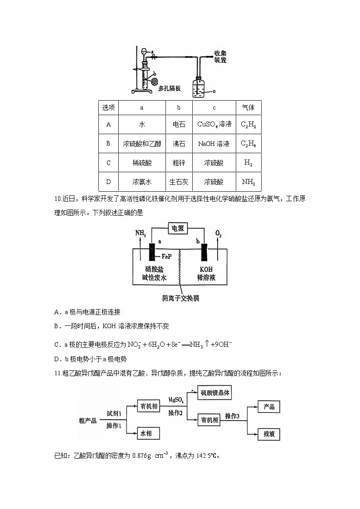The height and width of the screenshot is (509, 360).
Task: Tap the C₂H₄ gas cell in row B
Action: pyautogui.click(x=248, y=144)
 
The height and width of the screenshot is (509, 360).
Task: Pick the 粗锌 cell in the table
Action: pyautogui.click(x=179, y=163)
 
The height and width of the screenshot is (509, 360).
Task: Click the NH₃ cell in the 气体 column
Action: pyautogui.click(x=248, y=182)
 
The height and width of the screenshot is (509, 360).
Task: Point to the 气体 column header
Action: pyautogui.click(x=248, y=108)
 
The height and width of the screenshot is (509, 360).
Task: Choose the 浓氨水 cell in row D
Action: pyautogui.click(x=141, y=182)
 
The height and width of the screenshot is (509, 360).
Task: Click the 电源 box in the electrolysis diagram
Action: pyautogui.click(x=177, y=228)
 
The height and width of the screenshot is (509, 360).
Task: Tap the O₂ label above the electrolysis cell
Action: pyautogui.click(x=219, y=234)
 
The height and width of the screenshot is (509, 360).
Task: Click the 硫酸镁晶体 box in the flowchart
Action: pyautogui.click(x=216, y=393)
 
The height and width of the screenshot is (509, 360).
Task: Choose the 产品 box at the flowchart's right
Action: pyautogui.click(x=268, y=407)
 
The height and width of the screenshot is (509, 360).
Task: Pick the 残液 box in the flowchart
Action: pyautogui.click(x=268, y=434)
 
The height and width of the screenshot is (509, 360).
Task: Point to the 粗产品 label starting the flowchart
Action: pyautogui.click(x=88, y=420)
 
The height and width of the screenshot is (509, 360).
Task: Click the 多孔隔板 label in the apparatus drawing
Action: pyautogui.click(x=169, y=88)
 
